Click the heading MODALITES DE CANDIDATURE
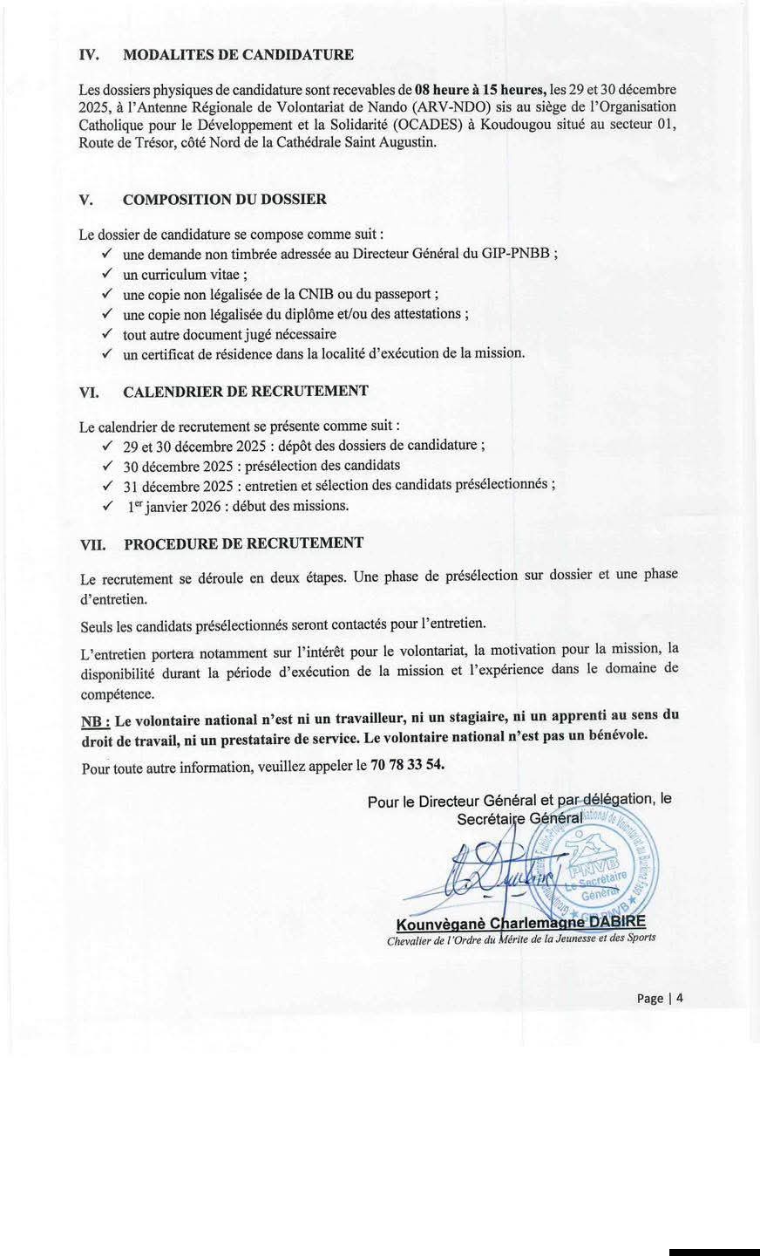pyautogui.click(x=238, y=55)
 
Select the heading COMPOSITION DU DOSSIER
pyautogui.click(x=225, y=199)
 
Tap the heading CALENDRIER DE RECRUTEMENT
pyautogui.click(x=245, y=391)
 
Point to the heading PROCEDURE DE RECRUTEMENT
pyautogui.click(x=243, y=543)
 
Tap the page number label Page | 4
pyautogui.click(x=659, y=998)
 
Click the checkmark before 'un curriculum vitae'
pyautogui.click(x=106, y=274)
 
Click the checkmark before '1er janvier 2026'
pyautogui.click(x=106, y=505)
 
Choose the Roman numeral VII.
pyautogui.click(x=92, y=543)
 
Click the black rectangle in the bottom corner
pyautogui.click(x=714, y=1249)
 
